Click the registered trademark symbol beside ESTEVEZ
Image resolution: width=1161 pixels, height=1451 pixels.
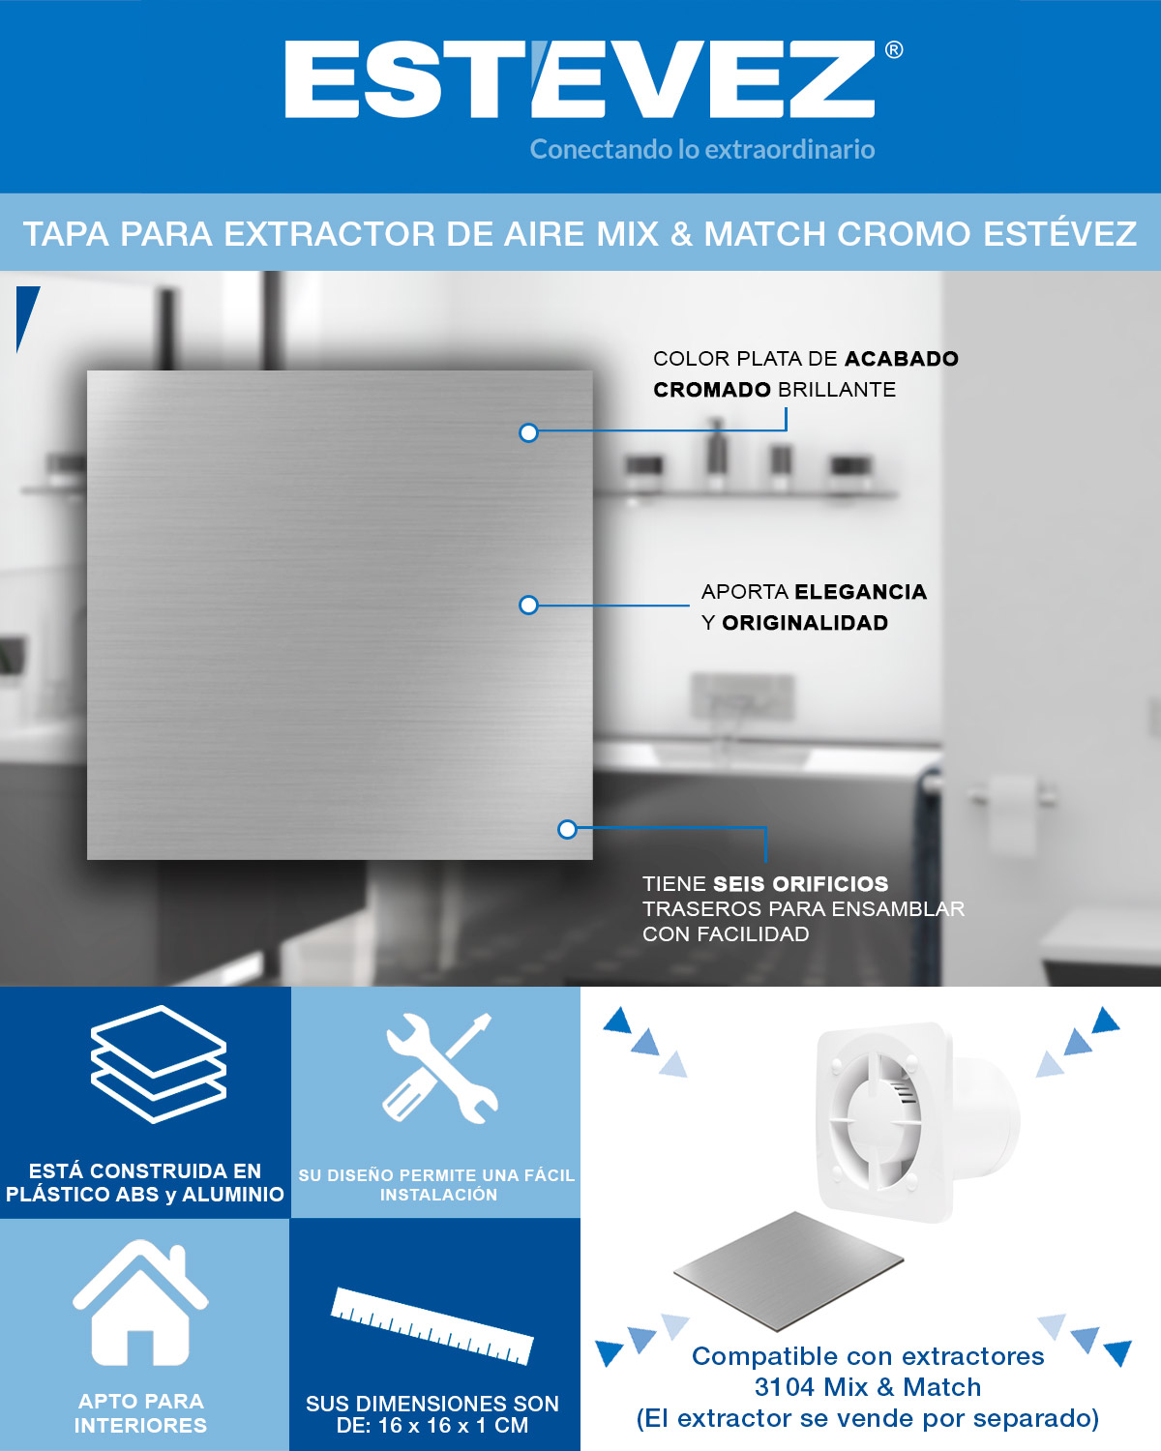tap(894, 50)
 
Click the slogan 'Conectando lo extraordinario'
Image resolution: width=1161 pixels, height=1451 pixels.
tap(702, 149)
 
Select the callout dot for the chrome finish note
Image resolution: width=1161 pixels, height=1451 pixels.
tap(528, 432)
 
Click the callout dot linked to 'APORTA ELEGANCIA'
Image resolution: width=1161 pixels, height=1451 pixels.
tap(528, 605)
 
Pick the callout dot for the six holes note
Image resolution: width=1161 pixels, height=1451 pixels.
tap(567, 829)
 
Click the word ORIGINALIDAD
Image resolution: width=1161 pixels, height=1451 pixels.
tap(805, 622)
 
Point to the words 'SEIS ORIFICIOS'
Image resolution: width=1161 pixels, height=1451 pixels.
tap(801, 883)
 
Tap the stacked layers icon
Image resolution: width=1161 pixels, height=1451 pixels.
tap(159, 1065)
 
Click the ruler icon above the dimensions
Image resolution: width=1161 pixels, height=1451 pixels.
tap(432, 1325)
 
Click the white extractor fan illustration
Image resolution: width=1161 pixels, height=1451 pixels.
tap(917, 1122)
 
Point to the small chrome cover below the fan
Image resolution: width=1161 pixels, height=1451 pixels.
tap(789, 1270)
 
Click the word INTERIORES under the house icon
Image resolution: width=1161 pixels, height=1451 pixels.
tap(140, 1426)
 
